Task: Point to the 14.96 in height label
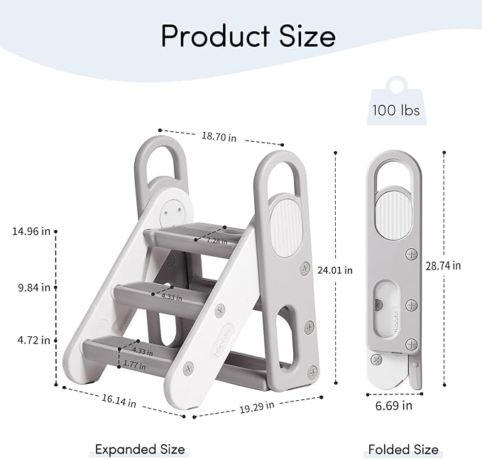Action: [31, 231]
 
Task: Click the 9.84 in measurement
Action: [34, 287]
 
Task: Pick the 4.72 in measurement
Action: [34, 340]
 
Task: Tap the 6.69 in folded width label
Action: [394, 406]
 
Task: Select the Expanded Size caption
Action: [141, 449]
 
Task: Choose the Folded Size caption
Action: [403, 449]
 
